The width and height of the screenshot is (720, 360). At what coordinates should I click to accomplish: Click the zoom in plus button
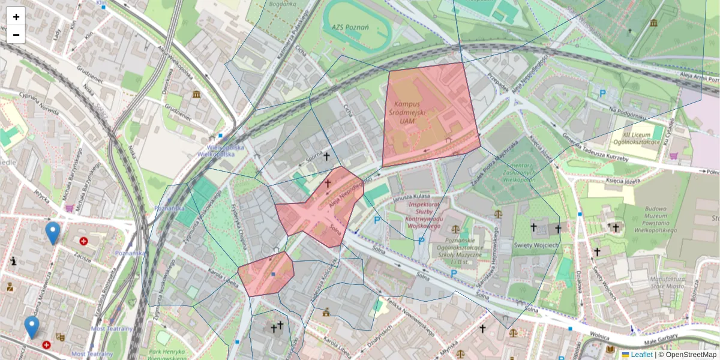click(16, 17)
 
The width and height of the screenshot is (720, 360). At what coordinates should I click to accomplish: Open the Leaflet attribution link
click(641, 355)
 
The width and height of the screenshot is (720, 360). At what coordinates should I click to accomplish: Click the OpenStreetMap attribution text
click(690, 355)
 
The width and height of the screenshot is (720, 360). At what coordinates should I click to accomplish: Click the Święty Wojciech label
click(537, 245)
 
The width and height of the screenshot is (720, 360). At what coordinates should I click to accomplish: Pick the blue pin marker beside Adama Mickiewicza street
click(32, 327)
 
